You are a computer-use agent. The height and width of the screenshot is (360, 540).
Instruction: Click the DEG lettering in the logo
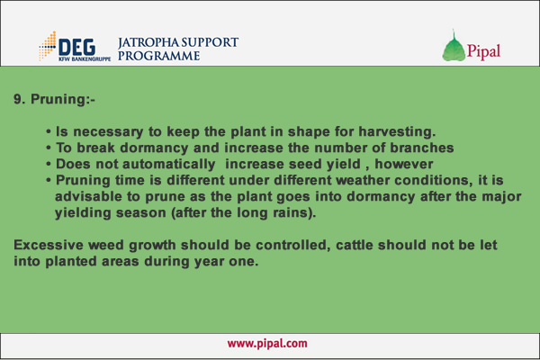point(76,47)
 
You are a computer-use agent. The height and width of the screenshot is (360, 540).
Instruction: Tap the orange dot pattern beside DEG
point(48,46)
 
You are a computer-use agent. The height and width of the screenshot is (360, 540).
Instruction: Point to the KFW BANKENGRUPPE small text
point(85,58)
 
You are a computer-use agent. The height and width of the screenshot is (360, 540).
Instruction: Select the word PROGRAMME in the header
point(158,56)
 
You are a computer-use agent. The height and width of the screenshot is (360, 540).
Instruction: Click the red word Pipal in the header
point(483,51)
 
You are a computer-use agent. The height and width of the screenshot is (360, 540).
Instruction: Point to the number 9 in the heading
point(18,99)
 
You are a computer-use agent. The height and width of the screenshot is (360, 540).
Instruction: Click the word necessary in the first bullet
point(108,131)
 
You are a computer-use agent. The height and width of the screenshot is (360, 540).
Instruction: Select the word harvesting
point(397,131)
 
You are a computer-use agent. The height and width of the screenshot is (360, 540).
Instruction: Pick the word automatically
point(169,165)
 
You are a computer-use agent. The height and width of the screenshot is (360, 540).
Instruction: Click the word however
point(403,164)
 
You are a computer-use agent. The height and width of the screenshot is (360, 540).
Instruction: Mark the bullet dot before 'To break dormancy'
point(49,148)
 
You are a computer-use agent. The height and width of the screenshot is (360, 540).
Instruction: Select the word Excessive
point(49,246)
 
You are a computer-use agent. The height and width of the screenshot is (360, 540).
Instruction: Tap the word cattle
point(355,246)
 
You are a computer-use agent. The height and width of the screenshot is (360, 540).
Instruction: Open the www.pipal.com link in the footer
point(267,344)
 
